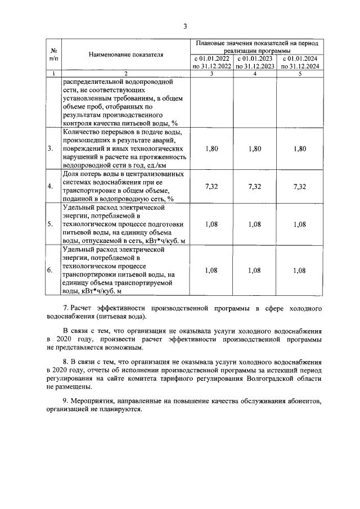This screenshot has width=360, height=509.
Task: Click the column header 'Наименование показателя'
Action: (x=125, y=55)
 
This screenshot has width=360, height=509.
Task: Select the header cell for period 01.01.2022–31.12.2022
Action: (x=211, y=62)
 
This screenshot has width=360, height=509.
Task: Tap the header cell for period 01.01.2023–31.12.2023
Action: (x=255, y=62)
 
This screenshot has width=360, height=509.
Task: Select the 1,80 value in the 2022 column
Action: (x=211, y=148)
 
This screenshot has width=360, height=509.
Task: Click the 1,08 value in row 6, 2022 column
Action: (x=211, y=270)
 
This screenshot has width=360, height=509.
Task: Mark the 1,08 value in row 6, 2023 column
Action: (x=255, y=270)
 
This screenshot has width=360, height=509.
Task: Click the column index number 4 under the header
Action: (x=255, y=74)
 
